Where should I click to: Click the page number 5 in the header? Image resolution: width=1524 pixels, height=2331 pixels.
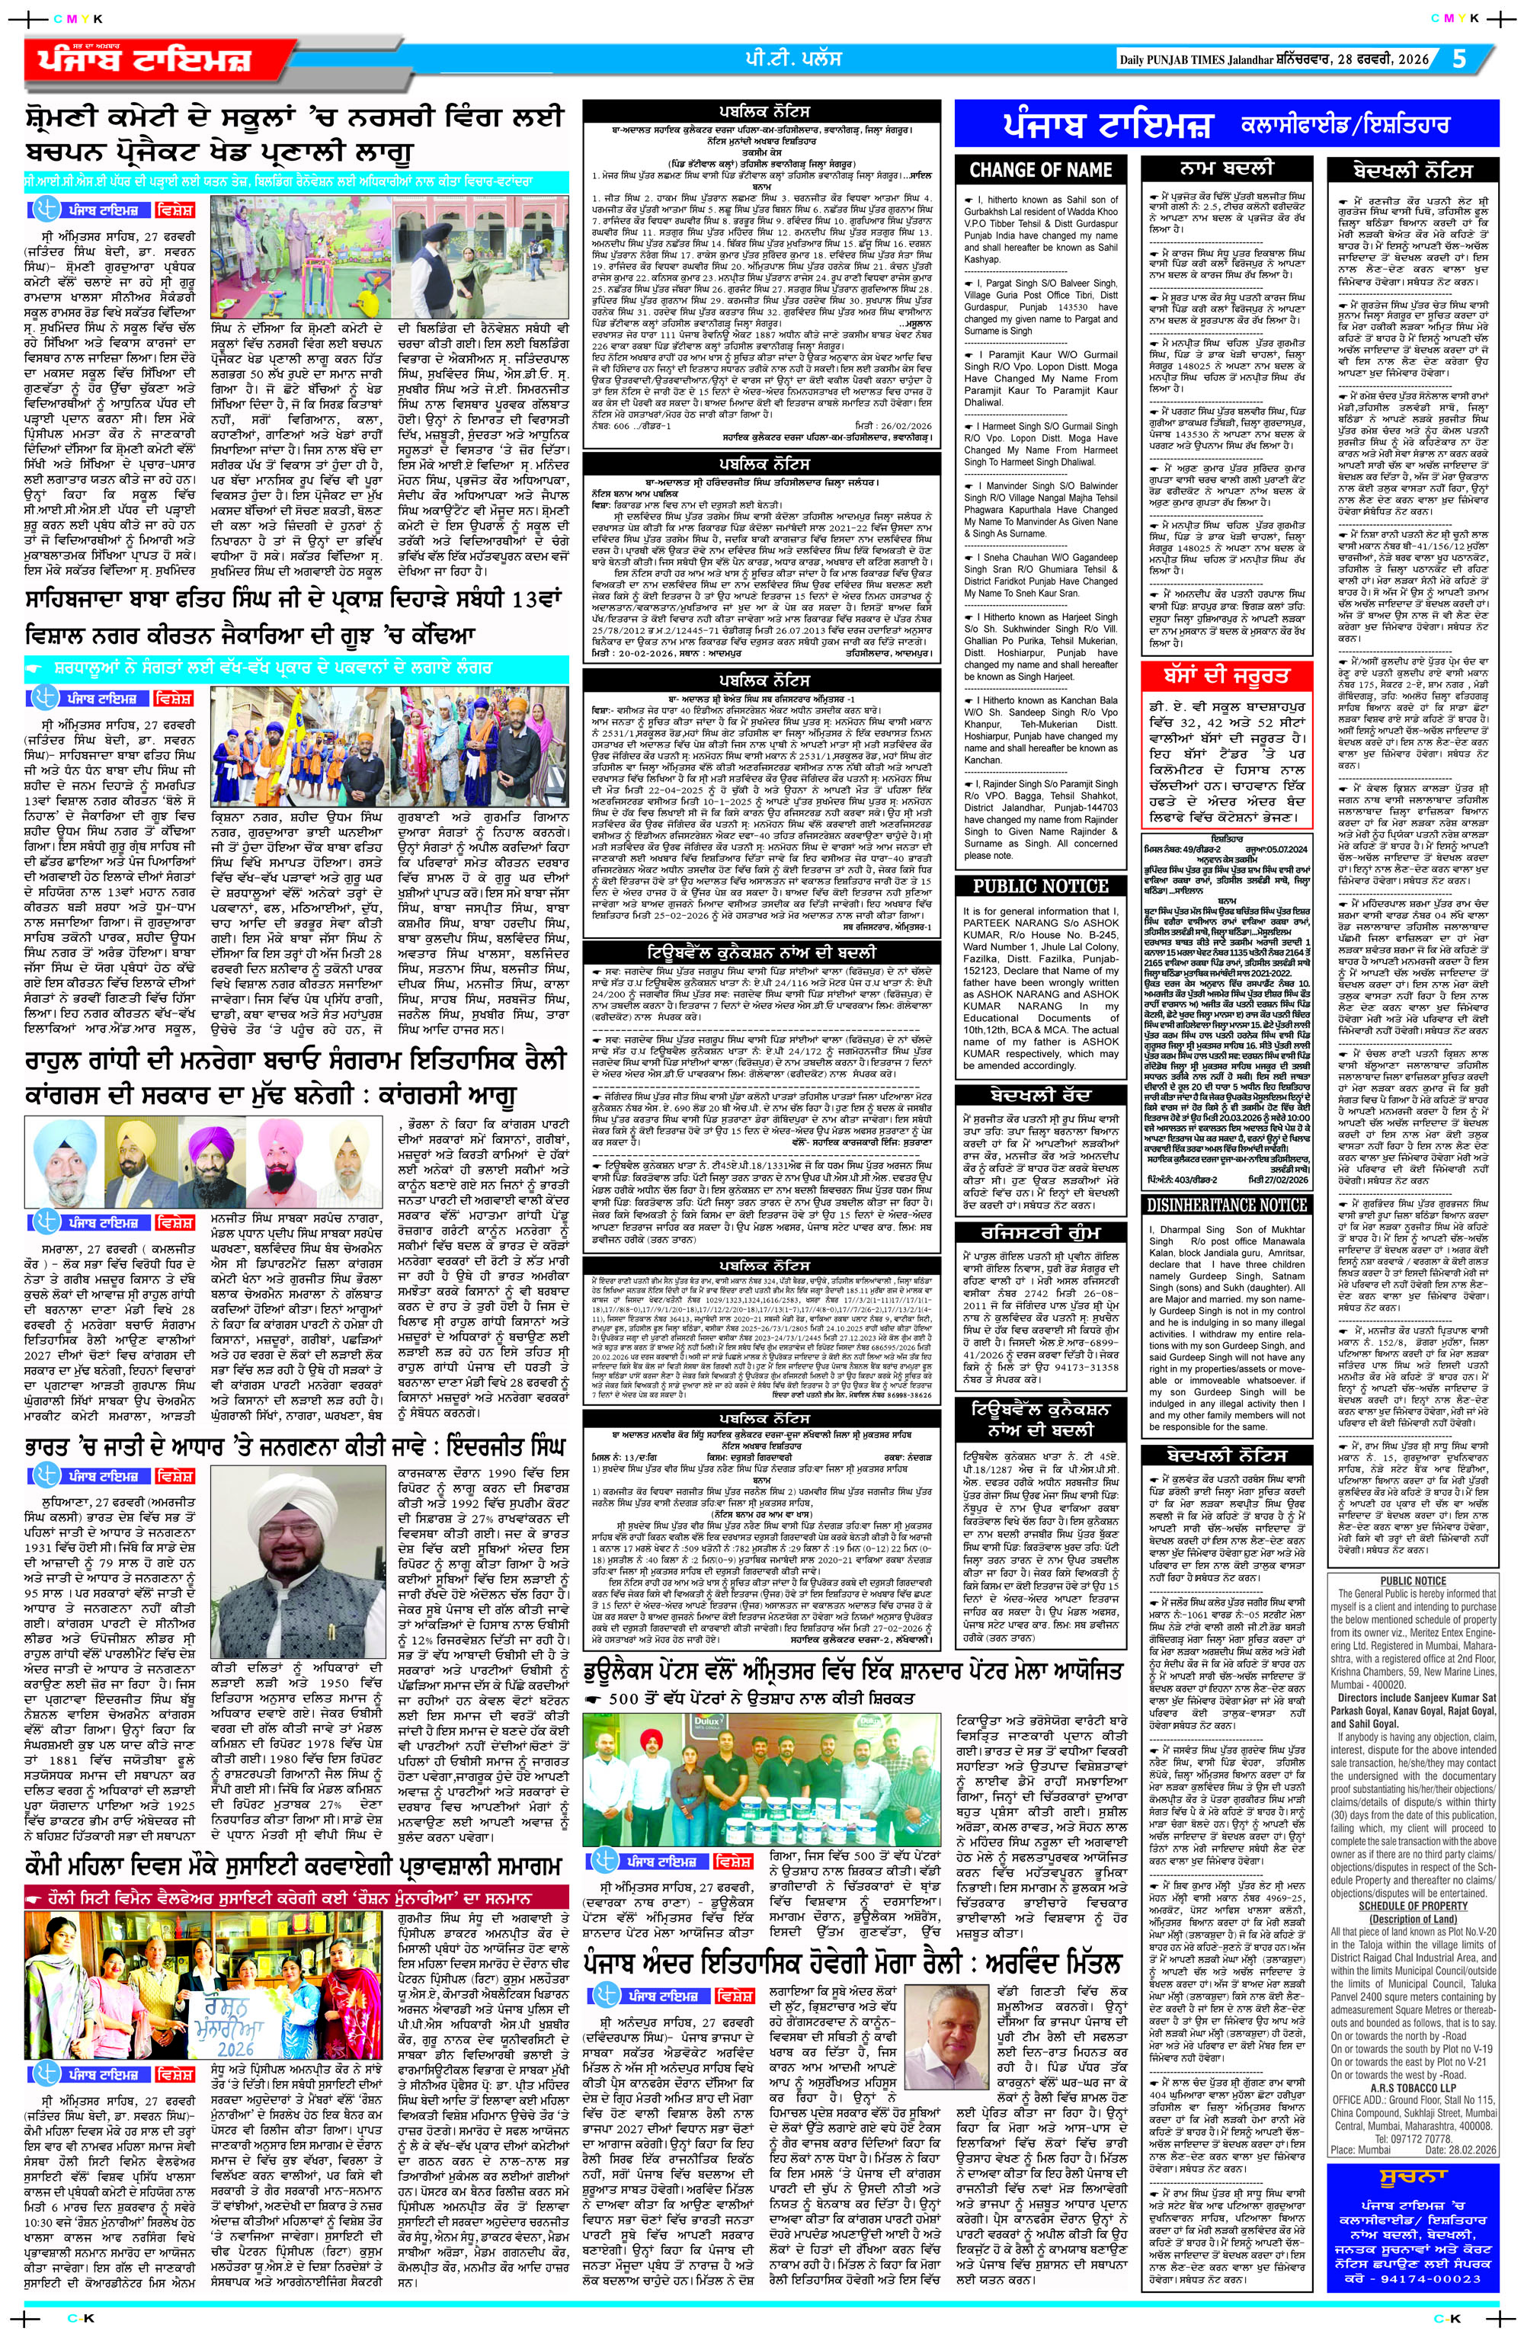click(x=1460, y=59)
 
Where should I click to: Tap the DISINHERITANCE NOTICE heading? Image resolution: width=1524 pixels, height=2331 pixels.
click(x=1228, y=1205)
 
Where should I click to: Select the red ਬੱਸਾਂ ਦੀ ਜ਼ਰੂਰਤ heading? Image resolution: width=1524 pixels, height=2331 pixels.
click(x=1228, y=676)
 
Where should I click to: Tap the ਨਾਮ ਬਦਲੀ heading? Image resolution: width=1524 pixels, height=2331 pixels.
click(x=1228, y=169)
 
